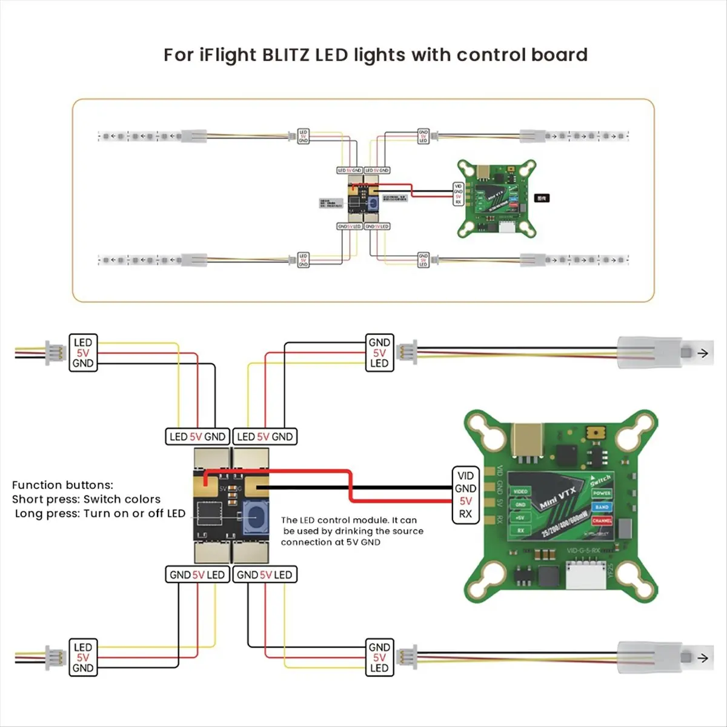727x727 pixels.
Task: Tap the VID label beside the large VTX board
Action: (x=465, y=476)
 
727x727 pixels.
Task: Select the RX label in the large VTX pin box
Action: (x=465, y=514)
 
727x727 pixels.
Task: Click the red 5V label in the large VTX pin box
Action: (x=465, y=501)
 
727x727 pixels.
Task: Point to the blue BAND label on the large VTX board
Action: (x=602, y=507)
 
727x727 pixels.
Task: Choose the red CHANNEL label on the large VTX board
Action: (x=602, y=520)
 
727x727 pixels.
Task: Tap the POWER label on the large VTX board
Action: (x=602, y=494)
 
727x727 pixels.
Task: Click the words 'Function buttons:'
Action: (x=62, y=485)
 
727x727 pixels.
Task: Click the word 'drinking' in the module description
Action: (x=354, y=531)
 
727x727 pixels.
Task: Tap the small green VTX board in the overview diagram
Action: (x=496, y=197)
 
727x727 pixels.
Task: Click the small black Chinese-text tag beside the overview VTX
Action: (x=542, y=198)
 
